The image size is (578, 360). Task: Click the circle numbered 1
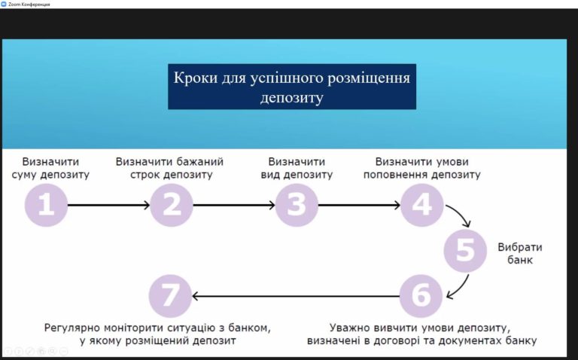click(46, 205)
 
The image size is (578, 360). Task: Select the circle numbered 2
click(172, 205)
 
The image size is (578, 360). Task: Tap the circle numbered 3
click(297, 205)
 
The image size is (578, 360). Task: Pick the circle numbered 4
click(422, 205)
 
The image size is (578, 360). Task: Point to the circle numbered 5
click(465, 251)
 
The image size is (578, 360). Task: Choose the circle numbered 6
click(421, 296)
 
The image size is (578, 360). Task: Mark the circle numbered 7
click(170, 296)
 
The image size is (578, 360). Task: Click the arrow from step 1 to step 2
click(108, 205)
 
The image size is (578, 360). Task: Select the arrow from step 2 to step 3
click(234, 205)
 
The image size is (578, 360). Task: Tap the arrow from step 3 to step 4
click(360, 205)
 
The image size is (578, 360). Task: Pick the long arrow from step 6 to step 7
click(296, 296)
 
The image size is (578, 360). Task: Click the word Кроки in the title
click(196, 78)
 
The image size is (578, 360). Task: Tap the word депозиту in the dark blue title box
click(291, 98)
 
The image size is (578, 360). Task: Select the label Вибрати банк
click(520, 253)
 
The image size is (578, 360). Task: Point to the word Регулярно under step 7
click(72, 328)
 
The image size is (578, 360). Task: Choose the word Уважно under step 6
click(349, 328)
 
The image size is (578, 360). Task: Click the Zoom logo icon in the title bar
click(4, 4)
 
